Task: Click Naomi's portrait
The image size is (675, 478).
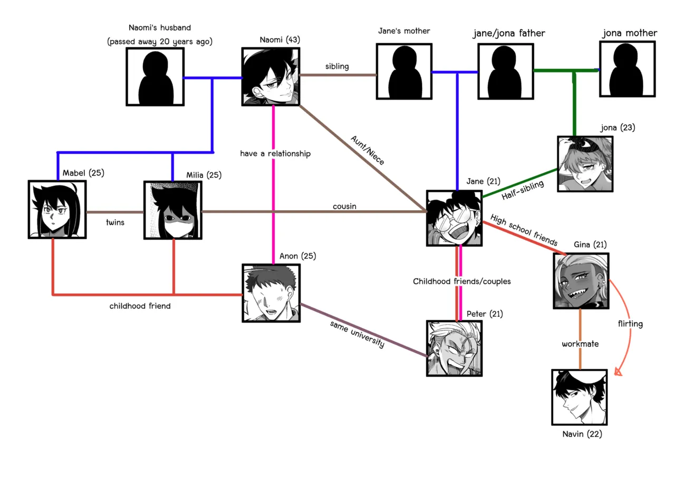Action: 271,77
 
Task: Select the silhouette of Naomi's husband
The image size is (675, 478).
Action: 155,77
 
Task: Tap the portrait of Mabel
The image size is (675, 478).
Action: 57,209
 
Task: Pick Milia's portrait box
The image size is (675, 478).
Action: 172,210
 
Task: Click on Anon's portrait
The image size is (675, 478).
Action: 271,293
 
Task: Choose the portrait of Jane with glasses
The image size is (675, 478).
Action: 454,218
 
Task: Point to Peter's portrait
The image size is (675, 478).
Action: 454,348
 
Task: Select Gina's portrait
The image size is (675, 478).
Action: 581,280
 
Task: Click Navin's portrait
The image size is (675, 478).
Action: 579,397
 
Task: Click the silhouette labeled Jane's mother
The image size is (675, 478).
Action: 404,71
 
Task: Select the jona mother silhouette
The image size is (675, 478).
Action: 627,70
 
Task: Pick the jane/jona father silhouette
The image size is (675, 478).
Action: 506,71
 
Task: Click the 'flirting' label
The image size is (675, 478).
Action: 630,324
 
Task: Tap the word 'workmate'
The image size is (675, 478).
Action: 580,344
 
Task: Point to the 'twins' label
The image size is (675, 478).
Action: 115,222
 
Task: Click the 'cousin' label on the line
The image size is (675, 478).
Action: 344,206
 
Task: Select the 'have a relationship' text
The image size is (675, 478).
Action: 275,154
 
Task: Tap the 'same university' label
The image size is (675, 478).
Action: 357,334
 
